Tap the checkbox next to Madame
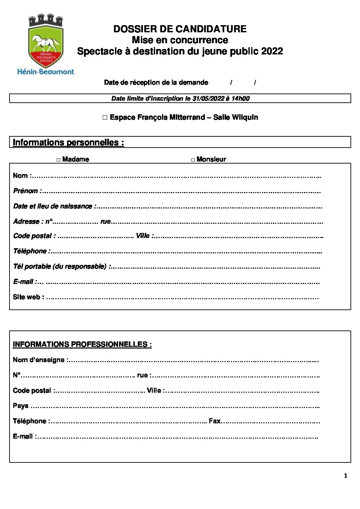[59, 160]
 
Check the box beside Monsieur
[193, 160]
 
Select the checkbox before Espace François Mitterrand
[105, 118]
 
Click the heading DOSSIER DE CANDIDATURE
[180, 29]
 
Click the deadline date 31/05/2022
[208, 99]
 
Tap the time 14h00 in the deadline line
[240, 99]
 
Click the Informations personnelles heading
[68, 142]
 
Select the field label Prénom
[26, 191]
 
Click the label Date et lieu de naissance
[53, 206]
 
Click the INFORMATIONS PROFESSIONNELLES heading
[82, 344]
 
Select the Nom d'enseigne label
[39, 360]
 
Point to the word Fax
[215, 421]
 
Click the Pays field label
[20, 406]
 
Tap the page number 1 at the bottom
[345, 476]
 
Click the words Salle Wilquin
[235, 118]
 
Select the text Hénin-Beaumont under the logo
[46, 71]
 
